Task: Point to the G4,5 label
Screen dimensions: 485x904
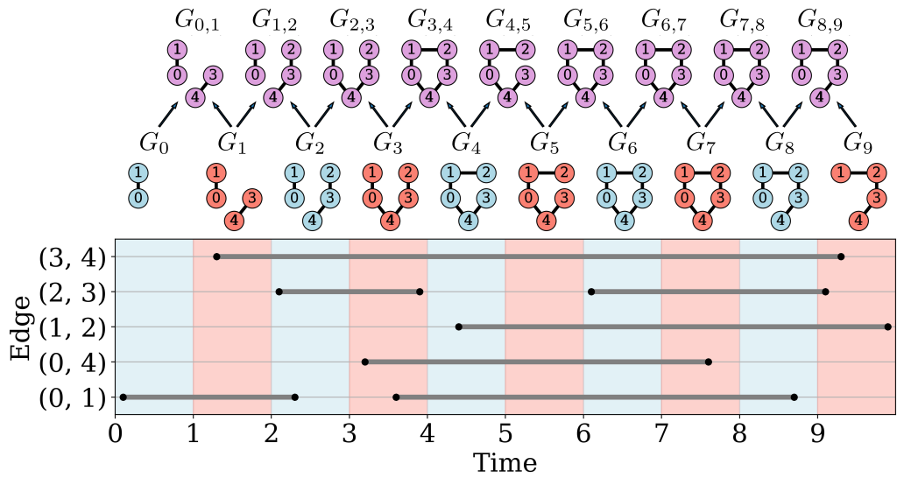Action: pos(507,19)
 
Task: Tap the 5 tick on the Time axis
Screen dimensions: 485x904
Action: pos(505,434)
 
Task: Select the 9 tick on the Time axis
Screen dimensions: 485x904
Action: pos(818,434)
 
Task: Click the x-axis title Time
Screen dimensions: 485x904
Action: pos(505,463)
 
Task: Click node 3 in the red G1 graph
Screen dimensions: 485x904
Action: pos(251,199)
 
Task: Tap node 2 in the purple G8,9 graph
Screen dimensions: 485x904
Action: pos(837,50)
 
